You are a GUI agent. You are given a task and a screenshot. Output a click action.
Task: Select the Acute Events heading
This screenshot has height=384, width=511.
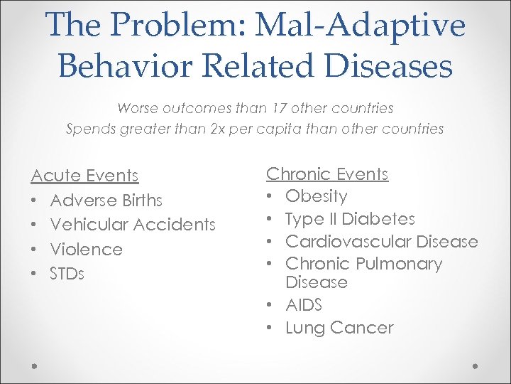(x=84, y=175)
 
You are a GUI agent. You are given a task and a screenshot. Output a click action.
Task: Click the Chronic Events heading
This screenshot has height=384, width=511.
(x=326, y=174)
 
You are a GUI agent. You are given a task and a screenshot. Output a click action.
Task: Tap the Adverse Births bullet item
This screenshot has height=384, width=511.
(x=106, y=201)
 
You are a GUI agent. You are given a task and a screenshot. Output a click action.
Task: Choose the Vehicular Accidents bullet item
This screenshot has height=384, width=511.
(x=133, y=225)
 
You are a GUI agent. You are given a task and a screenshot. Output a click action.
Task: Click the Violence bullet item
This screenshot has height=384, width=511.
(x=87, y=250)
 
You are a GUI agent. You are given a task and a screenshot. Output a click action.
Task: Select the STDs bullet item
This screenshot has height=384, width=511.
(x=67, y=274)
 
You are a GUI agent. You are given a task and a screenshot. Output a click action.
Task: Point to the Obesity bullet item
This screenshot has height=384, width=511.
(x=316, y=196)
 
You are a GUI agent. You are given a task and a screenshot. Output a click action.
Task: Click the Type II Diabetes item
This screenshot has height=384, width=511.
(x=350, y=219)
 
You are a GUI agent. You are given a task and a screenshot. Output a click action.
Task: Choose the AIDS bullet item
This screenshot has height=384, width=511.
(x=304, y=305)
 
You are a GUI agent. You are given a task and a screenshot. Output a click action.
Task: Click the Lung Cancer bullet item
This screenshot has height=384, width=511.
(x=339, y=328)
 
